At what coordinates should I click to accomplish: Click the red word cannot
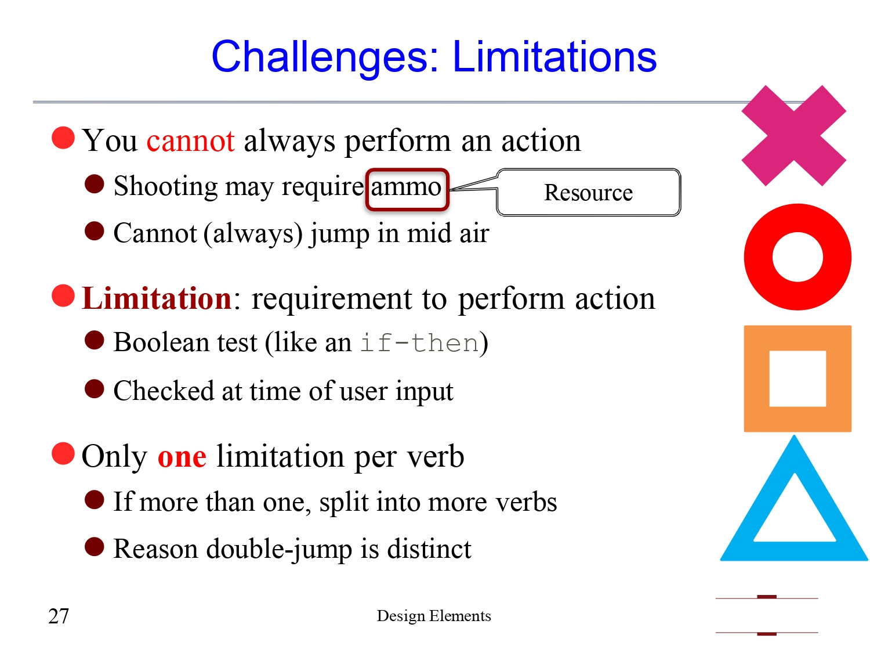pos(190,141)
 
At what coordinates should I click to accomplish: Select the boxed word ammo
pos(407,187)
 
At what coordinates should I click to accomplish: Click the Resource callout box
pos(588,193)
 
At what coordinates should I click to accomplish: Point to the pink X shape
pos(793,136)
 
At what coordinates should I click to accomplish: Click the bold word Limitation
pos(157,299)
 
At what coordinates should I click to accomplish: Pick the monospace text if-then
pos(419,343)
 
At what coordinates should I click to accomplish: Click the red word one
pos(182,457)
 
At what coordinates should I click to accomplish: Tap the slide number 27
pos(59,616)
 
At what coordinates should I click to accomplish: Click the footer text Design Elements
pos(434,616)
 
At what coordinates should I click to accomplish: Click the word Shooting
pos(166,187)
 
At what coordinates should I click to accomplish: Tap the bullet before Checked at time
pos(94,389)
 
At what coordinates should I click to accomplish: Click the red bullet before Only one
pos(63,454)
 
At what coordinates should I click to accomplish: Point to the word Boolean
pos(161,343)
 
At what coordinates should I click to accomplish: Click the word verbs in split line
pos(525,503)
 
